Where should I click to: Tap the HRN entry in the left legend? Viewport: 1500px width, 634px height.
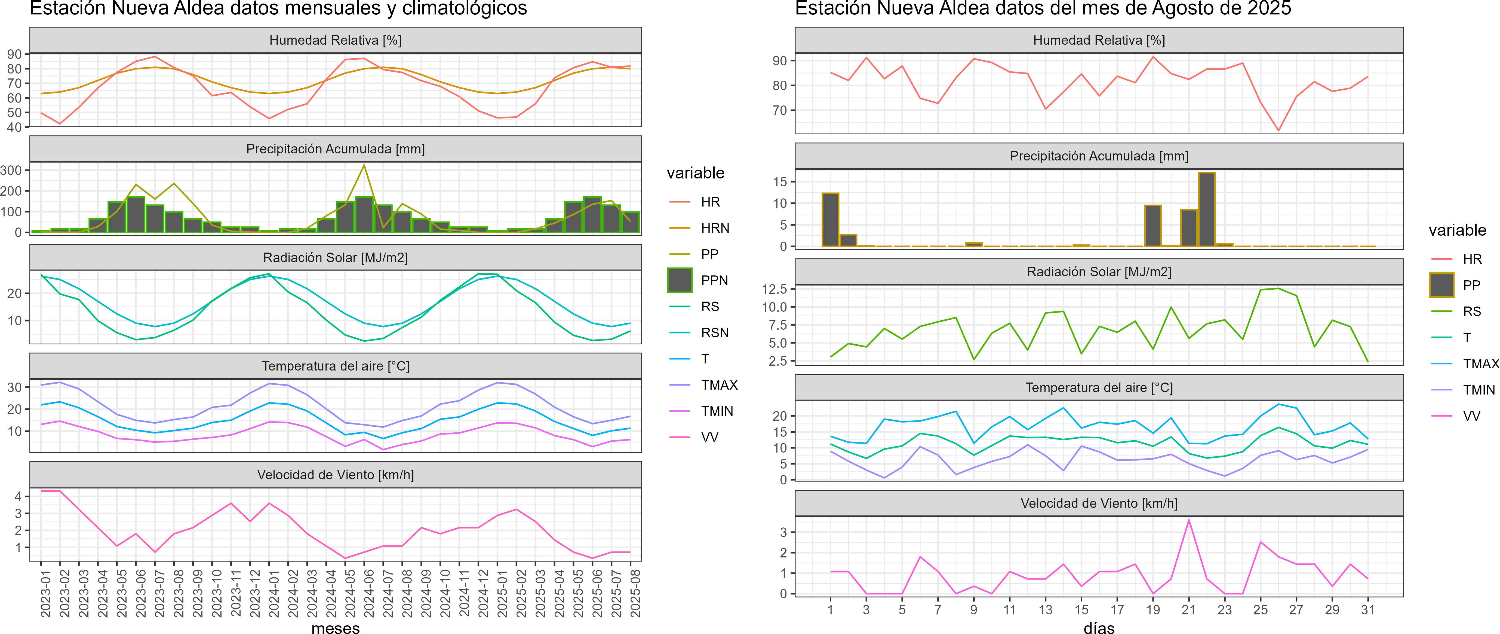pyautogui.click(x=715, y=228)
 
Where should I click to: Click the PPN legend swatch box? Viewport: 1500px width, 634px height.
pyautogui.click(x=680, y=280)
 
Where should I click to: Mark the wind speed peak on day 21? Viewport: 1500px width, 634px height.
pyautogui.click(x=1188, y=520)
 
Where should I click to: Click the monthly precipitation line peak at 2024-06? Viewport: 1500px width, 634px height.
pyautogui.click(x=364, y=165)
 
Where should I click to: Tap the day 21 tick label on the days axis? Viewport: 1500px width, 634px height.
pyautogui.click(x=1188, y=609)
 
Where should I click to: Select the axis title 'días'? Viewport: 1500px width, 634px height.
pyautogui.click(x=1099, y=627)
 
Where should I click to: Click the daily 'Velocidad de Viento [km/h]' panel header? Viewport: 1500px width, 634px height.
pyautogui.click(x=1099, y=503)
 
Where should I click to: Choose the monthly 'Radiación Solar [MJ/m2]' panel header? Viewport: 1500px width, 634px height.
pyautogui.click(x=335, y=257)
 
